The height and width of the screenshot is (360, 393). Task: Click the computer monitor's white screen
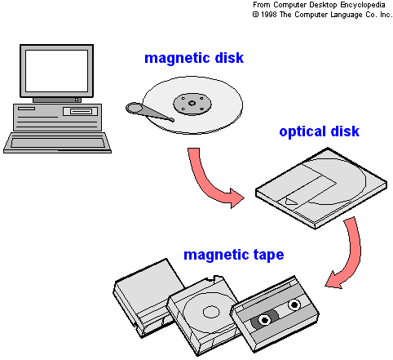(x=56, y=71)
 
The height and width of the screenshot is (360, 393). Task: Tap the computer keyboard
(x=57, y=143)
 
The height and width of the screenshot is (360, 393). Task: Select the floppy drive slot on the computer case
(x=80, y=111)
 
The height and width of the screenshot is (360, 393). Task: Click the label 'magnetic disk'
(x=194, y=59)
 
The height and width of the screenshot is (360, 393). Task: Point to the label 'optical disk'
(x=319, y=131)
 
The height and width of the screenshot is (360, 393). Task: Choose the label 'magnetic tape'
(x=234, y=255)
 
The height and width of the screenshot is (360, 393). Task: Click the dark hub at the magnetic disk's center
(x=192, y=104)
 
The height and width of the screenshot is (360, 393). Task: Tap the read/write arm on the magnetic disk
(x=148, y=112)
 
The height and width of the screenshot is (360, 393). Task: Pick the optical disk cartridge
(x=321, y=188)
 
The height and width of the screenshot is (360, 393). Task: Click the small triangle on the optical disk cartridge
(x=290, y=202)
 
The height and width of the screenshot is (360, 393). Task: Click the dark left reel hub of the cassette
(x=264, y=319)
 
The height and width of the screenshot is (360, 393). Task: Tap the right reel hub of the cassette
(x=294, y=304)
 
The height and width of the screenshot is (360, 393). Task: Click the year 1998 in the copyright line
(x=268, y=15)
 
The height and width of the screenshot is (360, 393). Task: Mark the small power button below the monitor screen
(x=77, y=100)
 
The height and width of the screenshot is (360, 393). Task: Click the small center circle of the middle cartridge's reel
(x=211, y=312)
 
